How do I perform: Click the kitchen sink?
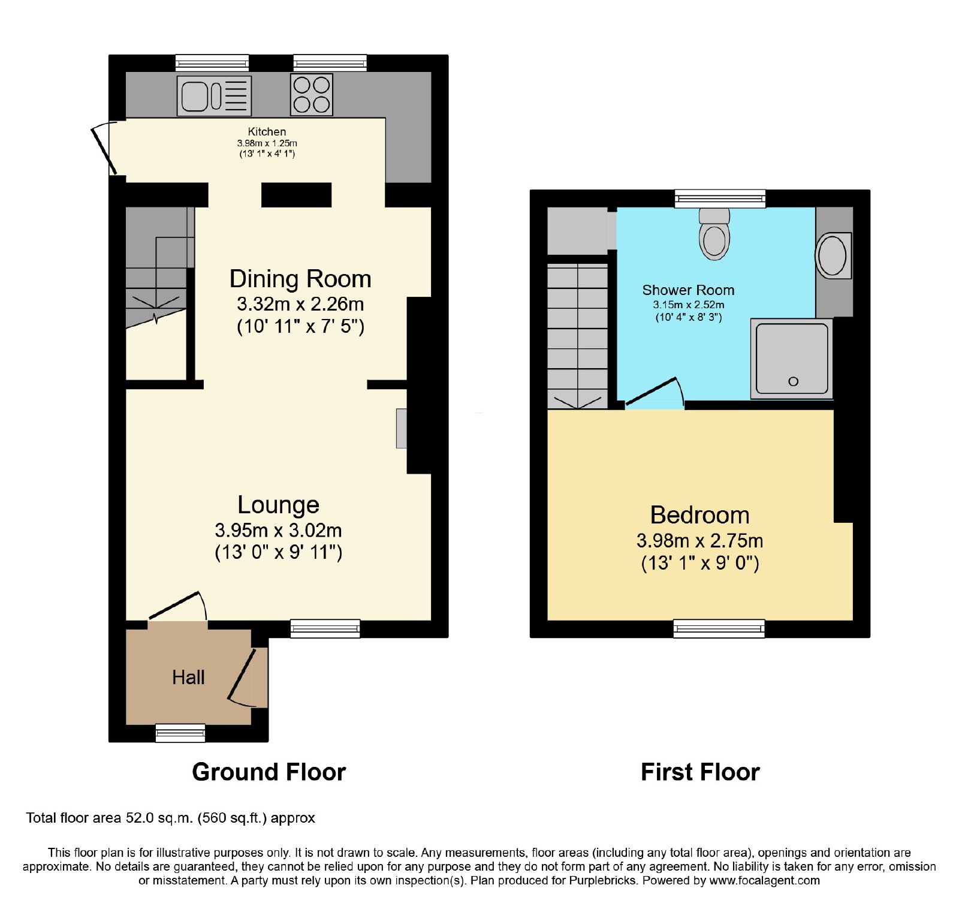[x=214, y=95]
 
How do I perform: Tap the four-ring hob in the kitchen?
[x=312, y=95]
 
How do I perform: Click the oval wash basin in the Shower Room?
[x=833, y=255]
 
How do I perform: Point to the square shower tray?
[x=792, y=359]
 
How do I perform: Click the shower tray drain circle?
[x=794, y=381]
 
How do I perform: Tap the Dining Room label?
[x=300, y=279]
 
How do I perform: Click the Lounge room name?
[x=278, y=505]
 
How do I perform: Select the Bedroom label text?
[x=700, y=515]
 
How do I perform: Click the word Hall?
[x=188, y=678]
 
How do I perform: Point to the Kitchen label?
[x=267, y=131]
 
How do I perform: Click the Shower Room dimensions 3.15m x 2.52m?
[x=689, y=305]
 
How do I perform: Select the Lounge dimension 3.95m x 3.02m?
[x=278, y=531]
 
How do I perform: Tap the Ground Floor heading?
[x=269, y=772]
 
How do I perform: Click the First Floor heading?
[x=700, y=772]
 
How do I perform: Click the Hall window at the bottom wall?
[x=180, y=733]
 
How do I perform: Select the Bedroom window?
[x=719, y=628]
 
